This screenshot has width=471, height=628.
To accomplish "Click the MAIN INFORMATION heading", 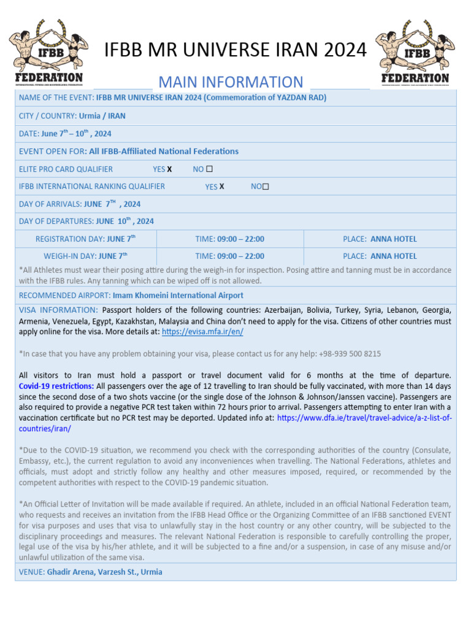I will point(231,82).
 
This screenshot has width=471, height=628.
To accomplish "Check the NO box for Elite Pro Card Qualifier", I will point(210,169).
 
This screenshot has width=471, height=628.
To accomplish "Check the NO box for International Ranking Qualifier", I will point(266,186).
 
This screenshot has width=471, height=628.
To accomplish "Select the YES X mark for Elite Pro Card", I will point(169,169).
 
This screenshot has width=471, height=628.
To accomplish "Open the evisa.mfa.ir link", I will point(202,331).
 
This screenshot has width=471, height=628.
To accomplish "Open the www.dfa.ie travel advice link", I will point(364,418).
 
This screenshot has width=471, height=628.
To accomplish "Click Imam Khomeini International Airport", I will point(177,295).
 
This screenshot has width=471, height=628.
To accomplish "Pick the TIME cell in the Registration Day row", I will point(230,239).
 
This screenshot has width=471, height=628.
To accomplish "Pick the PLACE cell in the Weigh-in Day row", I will point(380,256).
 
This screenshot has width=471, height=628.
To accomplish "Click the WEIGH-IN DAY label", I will point(70,256).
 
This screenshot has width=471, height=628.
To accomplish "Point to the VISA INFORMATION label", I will point(58,310).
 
